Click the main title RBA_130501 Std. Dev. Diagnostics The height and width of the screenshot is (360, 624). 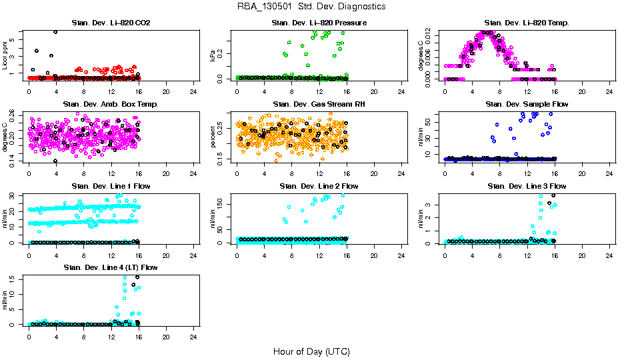pyautogui.click(x=311, y=6)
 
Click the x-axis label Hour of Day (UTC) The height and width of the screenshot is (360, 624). pyautogui.click(x=311, y=351)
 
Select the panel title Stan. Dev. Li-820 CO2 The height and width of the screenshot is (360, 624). pyautogui.click(x=111, y=23)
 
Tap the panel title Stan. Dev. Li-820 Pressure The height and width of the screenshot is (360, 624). pyautogui.click(x=319, y=23)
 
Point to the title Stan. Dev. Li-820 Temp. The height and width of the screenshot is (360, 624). pyautogui.click(x=527, y=23)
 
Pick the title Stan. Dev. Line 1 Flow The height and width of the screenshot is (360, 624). pyautogui.click(x=111, y=186)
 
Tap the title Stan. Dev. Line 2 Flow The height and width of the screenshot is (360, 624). pyautogui.click(x=319, y=186)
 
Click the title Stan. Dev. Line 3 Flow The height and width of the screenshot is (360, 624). pyautogui.click(x=527, y=186)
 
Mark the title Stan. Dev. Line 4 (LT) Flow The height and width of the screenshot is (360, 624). pyautogui.click(x=111, y=267)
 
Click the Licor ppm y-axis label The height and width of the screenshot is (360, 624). pyautogui.click(x=5, y=55)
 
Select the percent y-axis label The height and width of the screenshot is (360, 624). pyautogui.click(x=213, y=137)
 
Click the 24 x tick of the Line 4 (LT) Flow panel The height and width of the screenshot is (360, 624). pyautogui.click(x=193, y=337)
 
